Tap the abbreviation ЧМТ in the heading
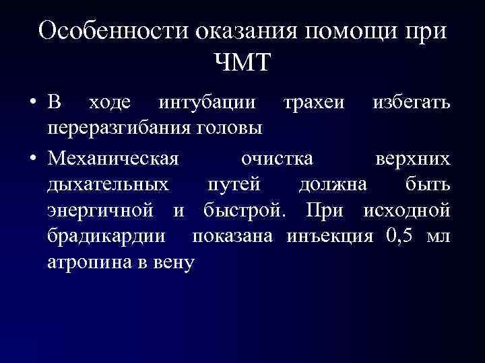[243, 64]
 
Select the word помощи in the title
[349, 32]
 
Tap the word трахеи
[314, 104]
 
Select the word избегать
[412, 104]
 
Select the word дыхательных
[108, 184]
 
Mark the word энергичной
[106, 210]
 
